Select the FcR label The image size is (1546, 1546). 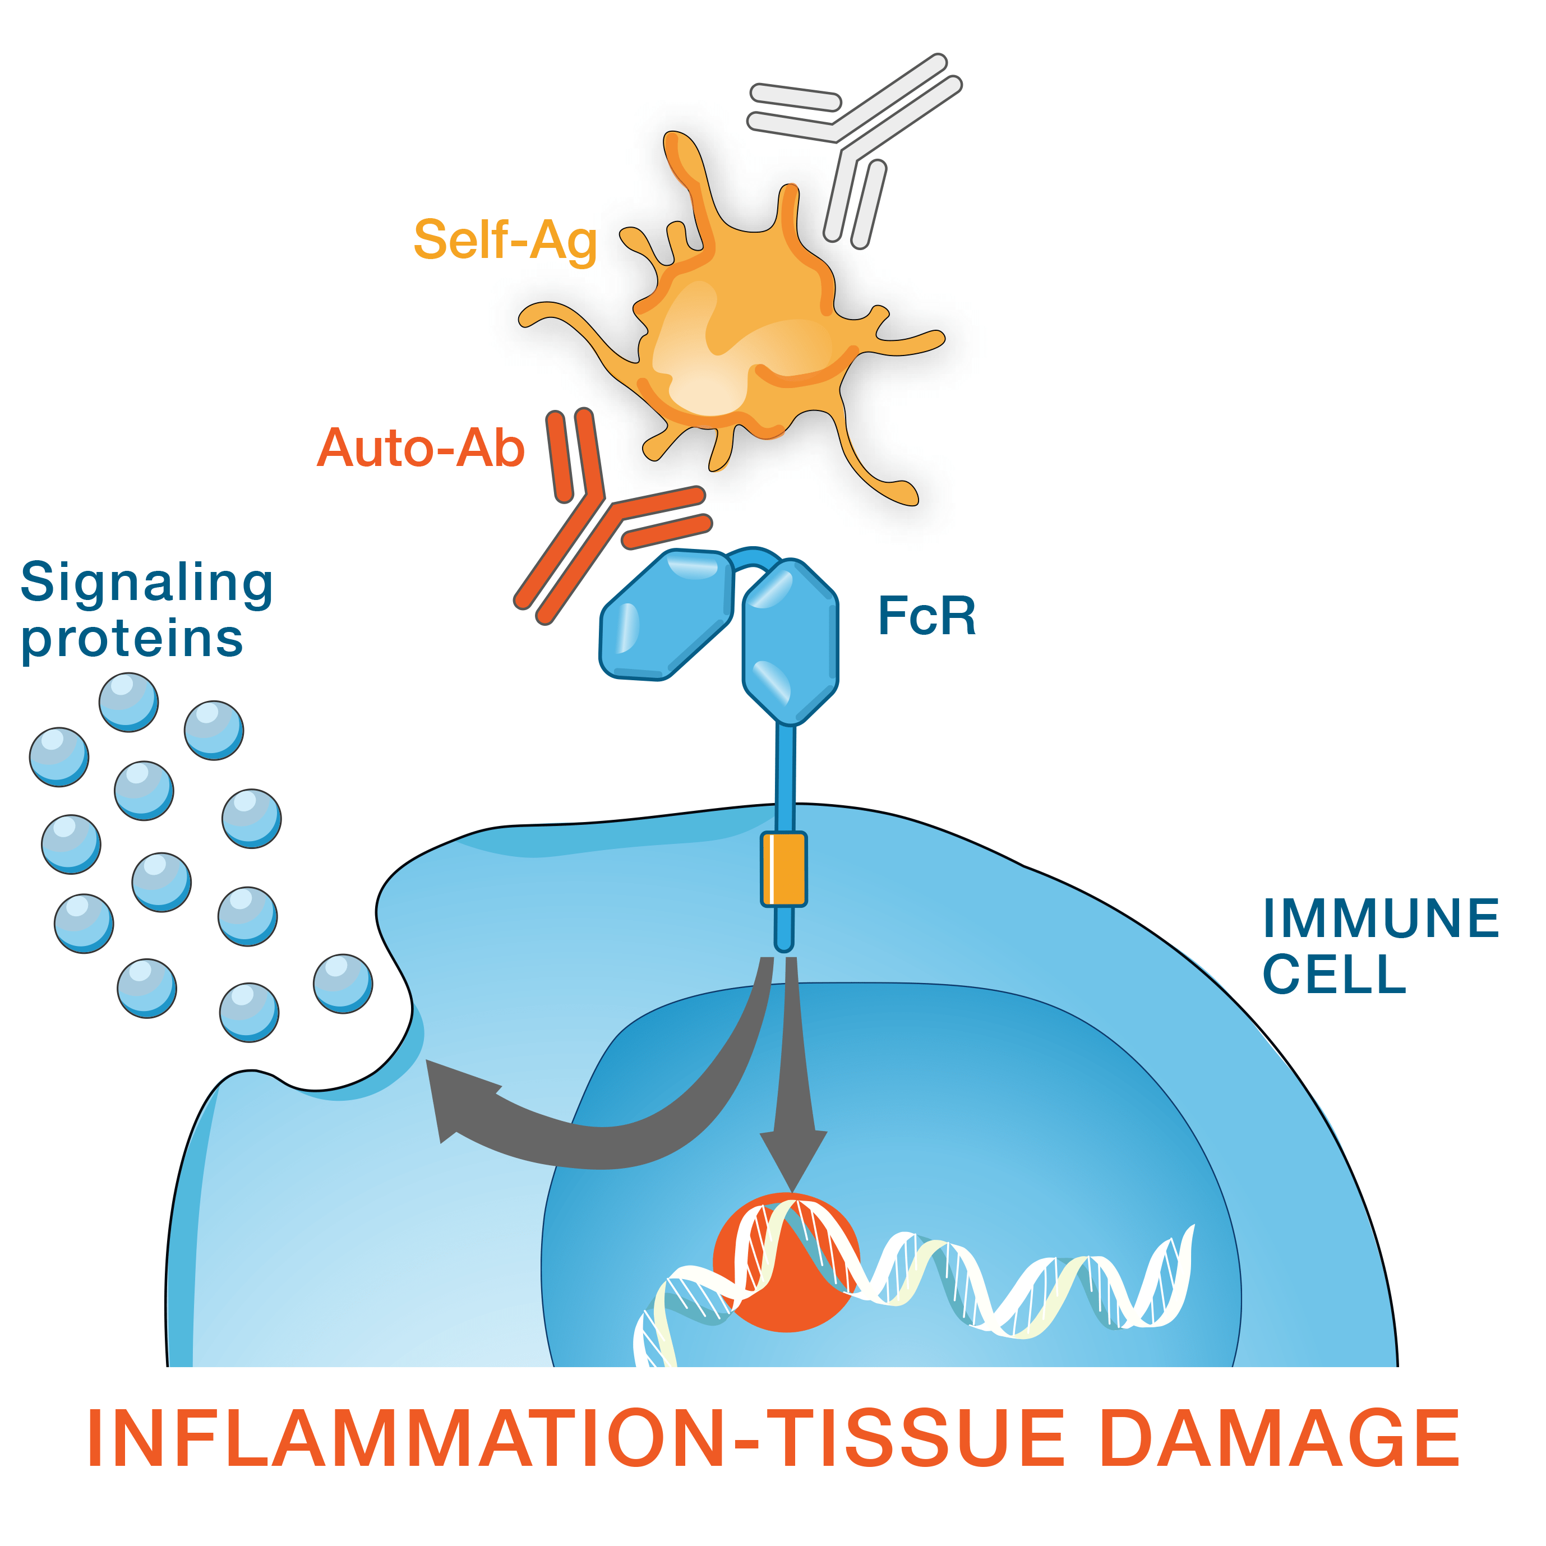[x=926, y=616]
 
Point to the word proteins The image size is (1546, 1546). [x=132, y=639]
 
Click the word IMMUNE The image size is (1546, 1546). [x=1381, y=918]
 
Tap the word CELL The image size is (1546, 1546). [x=1334, y=974]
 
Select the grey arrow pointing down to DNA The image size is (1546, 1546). [x=793, y=1120]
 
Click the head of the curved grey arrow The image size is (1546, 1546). [x=456, y=1096]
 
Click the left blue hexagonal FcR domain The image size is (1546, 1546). [x=667, y=615]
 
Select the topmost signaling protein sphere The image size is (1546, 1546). [x=128, y=702]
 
